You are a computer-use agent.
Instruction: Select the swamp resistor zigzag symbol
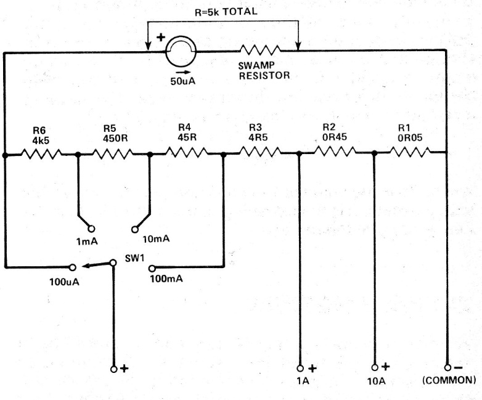260,50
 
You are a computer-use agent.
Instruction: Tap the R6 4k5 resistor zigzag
41,153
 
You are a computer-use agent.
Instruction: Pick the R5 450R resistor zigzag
113,153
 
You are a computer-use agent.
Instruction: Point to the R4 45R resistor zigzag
187,152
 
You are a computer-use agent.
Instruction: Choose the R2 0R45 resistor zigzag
335,151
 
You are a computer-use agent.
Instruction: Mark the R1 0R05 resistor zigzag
411,152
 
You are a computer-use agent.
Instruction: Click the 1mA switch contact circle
91,229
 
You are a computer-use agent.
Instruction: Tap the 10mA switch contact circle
134,229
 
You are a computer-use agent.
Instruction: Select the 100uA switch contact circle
73,267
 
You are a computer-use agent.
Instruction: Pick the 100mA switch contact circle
152,268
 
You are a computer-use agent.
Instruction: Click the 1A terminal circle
300,369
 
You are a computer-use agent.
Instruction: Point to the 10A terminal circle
375,367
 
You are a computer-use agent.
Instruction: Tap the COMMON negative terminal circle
447,368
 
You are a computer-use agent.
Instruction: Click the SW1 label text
134,258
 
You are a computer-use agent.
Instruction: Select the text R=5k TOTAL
226,12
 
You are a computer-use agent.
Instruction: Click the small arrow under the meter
182,73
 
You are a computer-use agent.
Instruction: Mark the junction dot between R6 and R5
78,154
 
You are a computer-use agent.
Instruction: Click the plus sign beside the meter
161,38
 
